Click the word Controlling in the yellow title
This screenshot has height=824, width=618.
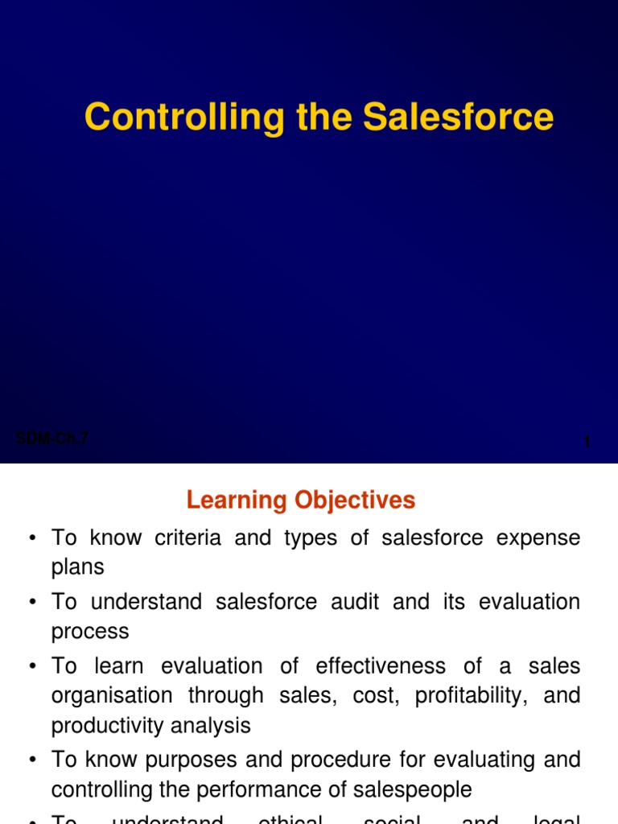pyautogui.click(x=184, y=117)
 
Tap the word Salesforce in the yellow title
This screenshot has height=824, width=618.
pyautogui.click(x=458, y=117)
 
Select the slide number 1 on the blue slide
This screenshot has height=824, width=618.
pyautogui.click(x=587, y=442)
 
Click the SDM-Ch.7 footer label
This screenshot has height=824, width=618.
pyautogui.click(x=52, y=439)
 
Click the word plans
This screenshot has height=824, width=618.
pyautogui.click(x=78, y=567)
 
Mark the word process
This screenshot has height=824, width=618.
pyautogui.click(x=90, y=632)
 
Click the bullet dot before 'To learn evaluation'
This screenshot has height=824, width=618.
pyautogui.click(x=33, y=667)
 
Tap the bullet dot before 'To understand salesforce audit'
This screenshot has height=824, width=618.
pyautogui.click(x=33, y=603)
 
